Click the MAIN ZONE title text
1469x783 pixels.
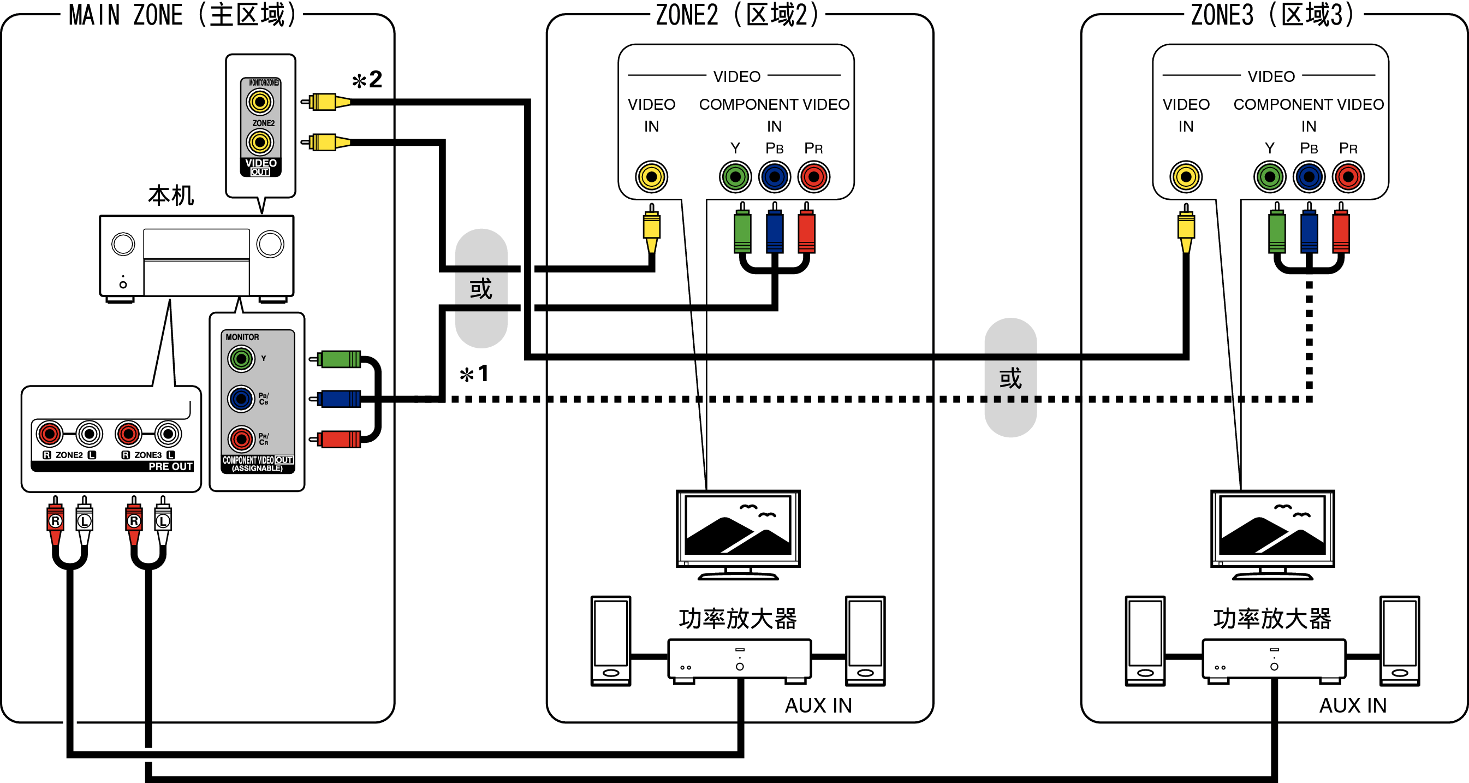[182, 15]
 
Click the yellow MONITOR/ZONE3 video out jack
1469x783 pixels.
[259, 102]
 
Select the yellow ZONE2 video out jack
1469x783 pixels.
[259, 142]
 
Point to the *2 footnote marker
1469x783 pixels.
[367, 80]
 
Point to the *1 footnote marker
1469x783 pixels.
[474, 375]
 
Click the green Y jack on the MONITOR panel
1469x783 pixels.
[241, 359]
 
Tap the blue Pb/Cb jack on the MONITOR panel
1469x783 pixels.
[241, 399]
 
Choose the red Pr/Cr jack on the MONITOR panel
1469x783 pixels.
[241, 439]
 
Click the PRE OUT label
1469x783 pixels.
[170, 466]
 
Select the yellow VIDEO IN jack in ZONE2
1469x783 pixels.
[651, 177]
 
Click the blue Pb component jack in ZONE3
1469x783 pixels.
[1309, 177]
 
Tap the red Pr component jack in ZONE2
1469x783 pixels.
[814, 177]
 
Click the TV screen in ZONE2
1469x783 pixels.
[738, 526]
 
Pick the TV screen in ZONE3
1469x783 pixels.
[1272, 526]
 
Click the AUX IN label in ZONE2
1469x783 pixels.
[818, 706]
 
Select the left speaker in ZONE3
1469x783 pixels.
[1145, 640]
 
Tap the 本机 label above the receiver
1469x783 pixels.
[170, 195]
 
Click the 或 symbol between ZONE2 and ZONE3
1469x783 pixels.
[1010, 378]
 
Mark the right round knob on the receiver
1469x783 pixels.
[270, 244]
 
